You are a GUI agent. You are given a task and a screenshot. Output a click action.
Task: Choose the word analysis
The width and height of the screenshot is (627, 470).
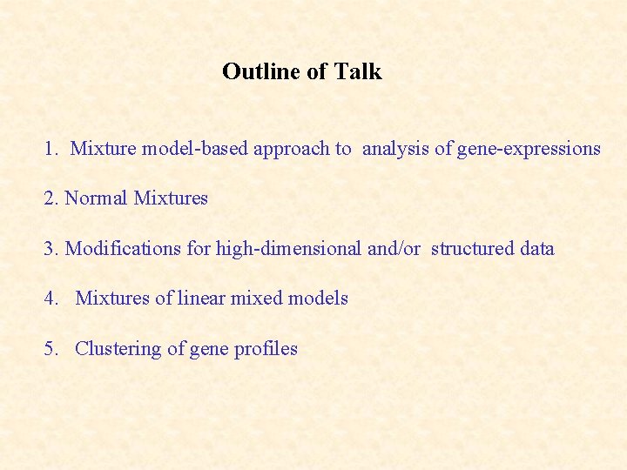(x=395, y=149)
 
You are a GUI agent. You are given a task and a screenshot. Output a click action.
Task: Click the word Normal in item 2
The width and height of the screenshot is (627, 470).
(x=96, y=198)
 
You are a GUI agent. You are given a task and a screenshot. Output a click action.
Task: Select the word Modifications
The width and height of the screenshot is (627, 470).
(x=125, y=249)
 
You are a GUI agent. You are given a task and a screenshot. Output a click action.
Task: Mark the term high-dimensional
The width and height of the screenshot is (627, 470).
(x=288, y=249)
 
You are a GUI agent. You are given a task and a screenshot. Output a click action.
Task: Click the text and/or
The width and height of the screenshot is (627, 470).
(x=394, y=249)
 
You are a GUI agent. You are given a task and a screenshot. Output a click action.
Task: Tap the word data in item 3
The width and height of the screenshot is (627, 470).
(x=536, y=249)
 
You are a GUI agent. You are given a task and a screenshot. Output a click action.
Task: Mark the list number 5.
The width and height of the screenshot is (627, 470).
(x=50, y=349)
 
